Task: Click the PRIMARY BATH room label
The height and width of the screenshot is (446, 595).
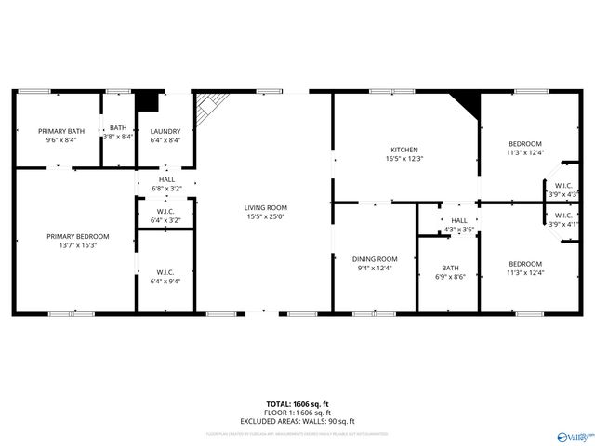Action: [61, 131]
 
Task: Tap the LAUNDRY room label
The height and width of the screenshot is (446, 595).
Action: [165, 131]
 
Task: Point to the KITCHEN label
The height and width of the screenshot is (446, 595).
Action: [403, 150]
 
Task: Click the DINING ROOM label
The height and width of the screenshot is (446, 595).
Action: [375, 258]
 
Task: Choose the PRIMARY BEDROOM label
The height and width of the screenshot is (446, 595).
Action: [78, 236]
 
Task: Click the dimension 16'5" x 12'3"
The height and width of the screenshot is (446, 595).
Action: [403, 159]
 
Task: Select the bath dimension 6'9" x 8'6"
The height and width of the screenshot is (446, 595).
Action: [450, 276]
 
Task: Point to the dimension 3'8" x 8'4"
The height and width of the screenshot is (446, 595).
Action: [118, 137]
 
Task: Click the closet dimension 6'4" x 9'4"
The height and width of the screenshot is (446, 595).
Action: [165, 282]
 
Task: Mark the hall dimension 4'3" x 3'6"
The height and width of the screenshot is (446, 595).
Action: [459, 229]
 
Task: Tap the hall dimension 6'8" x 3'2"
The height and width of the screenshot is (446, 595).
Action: [166, 189]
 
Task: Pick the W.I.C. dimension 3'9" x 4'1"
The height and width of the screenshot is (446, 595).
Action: [563, 224]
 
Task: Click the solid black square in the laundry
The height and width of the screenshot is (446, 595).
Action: [148, 101]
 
